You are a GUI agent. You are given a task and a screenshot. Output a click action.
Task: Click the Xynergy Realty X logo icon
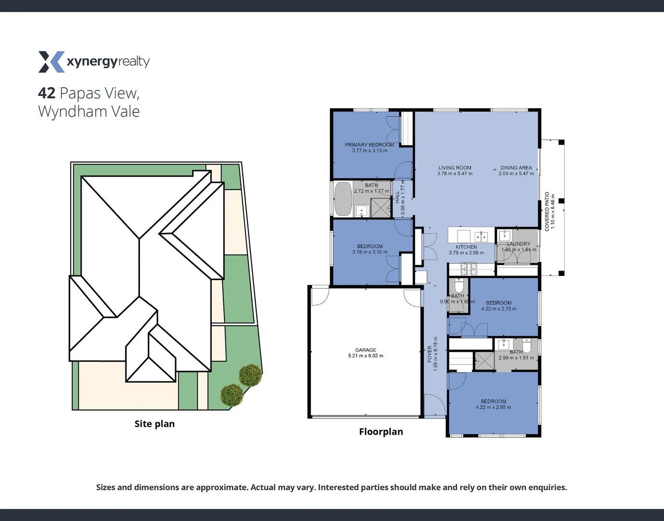(51, 62)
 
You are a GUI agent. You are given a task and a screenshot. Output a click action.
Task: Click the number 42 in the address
(47, 93)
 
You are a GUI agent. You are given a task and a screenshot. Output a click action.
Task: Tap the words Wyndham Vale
(89, 111)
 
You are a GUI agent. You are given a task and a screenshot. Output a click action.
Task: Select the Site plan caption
(154, 424)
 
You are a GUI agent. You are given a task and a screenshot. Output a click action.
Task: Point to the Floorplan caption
(381, 432)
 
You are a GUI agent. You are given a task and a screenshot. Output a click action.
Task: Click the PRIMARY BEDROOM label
(369, 145)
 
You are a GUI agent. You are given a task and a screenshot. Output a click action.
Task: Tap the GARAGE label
(365, 350)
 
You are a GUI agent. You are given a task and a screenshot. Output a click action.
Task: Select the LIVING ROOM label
(455, 168)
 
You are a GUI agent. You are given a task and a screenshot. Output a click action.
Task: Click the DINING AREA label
(516, 168)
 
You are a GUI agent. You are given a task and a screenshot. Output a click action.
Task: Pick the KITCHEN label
(466, 247)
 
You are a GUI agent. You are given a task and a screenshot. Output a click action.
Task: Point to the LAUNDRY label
(518, 244)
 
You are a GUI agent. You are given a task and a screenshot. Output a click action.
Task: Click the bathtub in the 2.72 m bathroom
(343, 199)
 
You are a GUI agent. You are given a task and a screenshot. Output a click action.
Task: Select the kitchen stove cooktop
(469, 268)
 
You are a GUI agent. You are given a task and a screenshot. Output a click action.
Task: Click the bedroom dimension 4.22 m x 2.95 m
(493, 407)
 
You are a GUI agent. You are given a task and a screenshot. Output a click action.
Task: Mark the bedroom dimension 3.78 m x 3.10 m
(370, 252)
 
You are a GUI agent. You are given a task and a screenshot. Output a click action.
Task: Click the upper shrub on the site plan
(250, 374)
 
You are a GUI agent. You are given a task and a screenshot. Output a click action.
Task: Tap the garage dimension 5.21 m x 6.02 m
(365, 356)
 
